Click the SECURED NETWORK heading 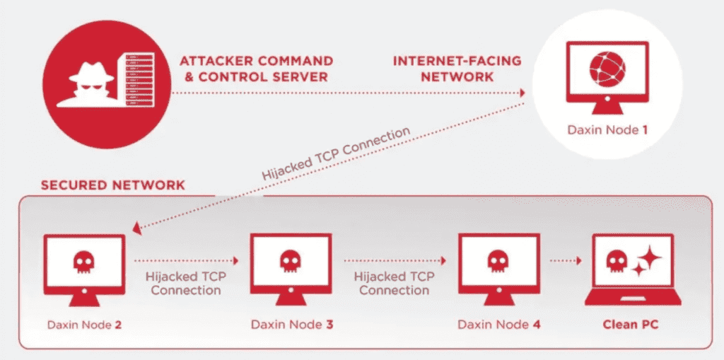pyautogui.click(x=113, y=185)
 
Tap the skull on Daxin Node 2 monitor pyautogui.click(x=83, y=261)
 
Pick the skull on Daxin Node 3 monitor pyautogui.click(x=289, y=261)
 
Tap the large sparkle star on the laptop pyautogui.click(x=648, y=258)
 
